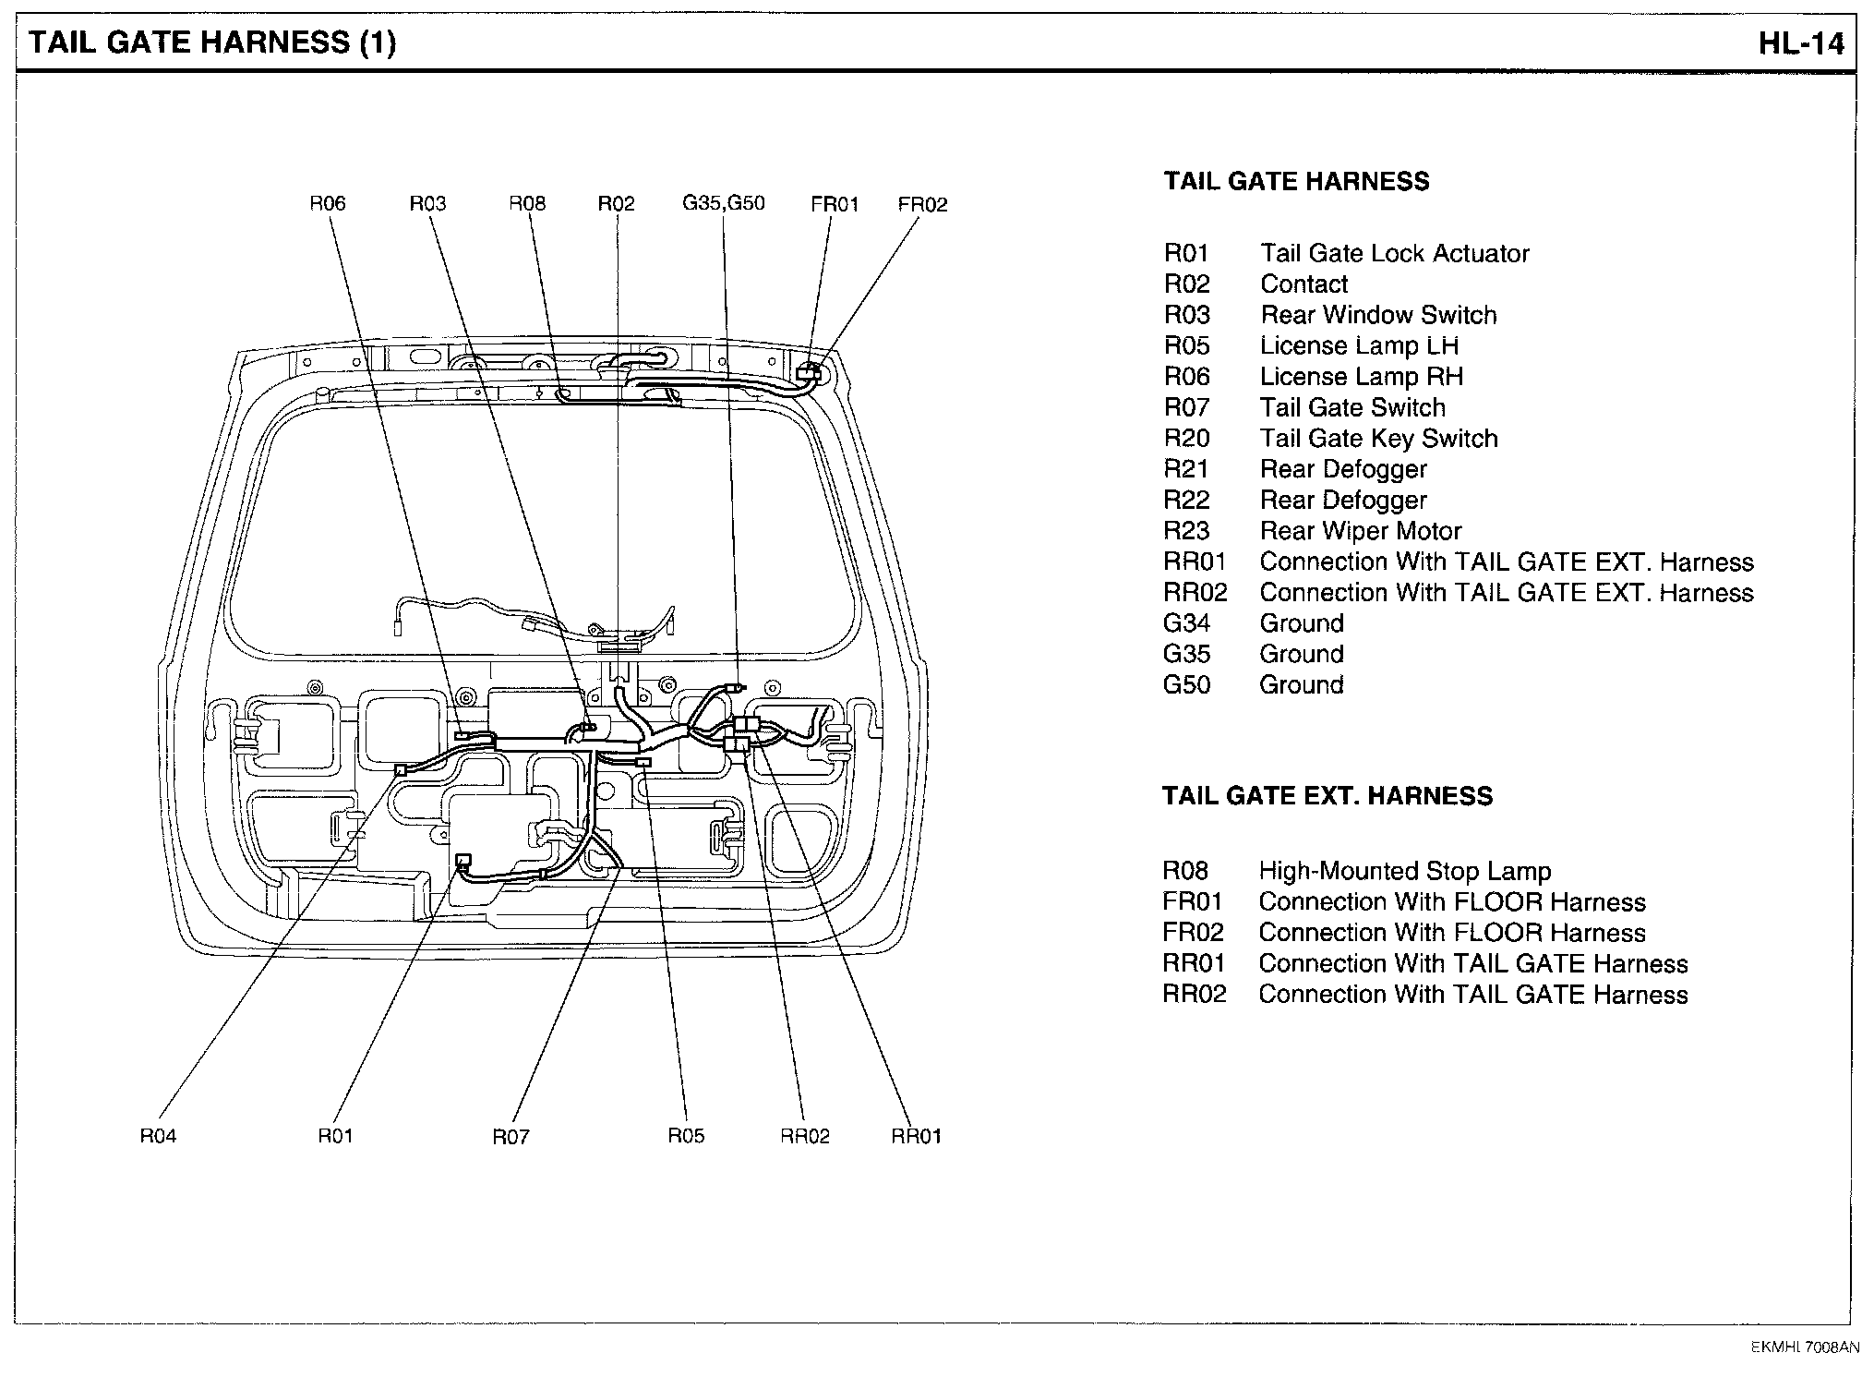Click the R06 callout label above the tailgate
[x=327, y=203]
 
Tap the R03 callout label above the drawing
[x=427, y=203]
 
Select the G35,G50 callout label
[x=724, y=203]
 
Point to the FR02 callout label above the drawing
[x=922, y=204]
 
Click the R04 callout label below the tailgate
[x=158, y=1136]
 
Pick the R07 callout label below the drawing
[x=511, y=1137]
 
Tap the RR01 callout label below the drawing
[x=916, y=1137]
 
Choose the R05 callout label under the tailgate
[x=686, y=1136]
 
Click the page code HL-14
[x=1800, y=43]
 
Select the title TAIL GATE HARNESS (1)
[x=213, y=42]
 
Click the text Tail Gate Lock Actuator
[x=1394, y=254]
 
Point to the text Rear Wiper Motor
[x=1360, y=531]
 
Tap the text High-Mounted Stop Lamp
[x=1404, y=871]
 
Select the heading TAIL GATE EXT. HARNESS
[x=1327, y=796]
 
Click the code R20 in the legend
[x=1186, y=439]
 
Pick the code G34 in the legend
[x=1186, y=623]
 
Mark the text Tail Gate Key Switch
[x=1378, y=439]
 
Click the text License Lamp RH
[x=1361, y=377]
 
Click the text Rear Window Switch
[x=1378, y=315]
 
